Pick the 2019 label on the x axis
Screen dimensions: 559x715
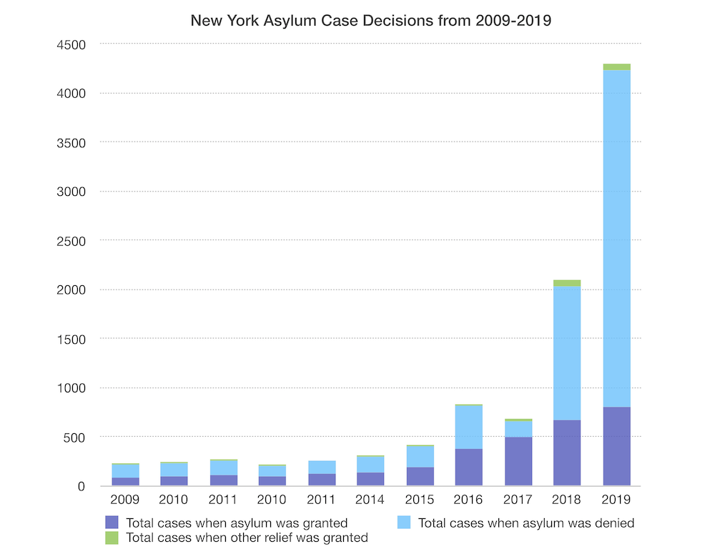[616, 500]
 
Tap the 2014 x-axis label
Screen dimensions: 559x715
[370, 500]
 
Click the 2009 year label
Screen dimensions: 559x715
[125, 500]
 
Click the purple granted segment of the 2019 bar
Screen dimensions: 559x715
[616, 447]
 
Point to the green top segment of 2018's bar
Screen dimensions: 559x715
[567, 283]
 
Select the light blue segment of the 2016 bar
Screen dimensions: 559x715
[469, 427]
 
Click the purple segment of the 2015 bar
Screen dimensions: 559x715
[420, 477]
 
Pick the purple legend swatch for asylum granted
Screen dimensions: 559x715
[112, 523]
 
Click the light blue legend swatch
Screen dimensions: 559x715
[404, 523]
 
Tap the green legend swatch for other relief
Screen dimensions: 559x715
[112, 537]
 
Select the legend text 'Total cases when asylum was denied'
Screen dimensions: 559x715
[526, 523]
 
